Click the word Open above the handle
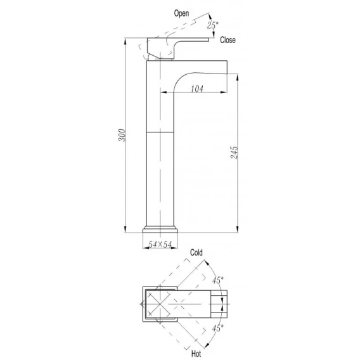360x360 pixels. point(181,13)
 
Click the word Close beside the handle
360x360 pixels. point(228,40)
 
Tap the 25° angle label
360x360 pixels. point(212,25)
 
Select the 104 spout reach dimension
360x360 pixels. point(197,89)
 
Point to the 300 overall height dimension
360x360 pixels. point(122,135)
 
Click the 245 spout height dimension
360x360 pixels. point(234,152)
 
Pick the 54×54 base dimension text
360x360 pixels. point(160,244)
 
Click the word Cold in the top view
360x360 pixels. point(196,252)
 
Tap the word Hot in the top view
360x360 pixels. point(196,354)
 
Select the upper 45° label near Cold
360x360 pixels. point(217,280)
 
